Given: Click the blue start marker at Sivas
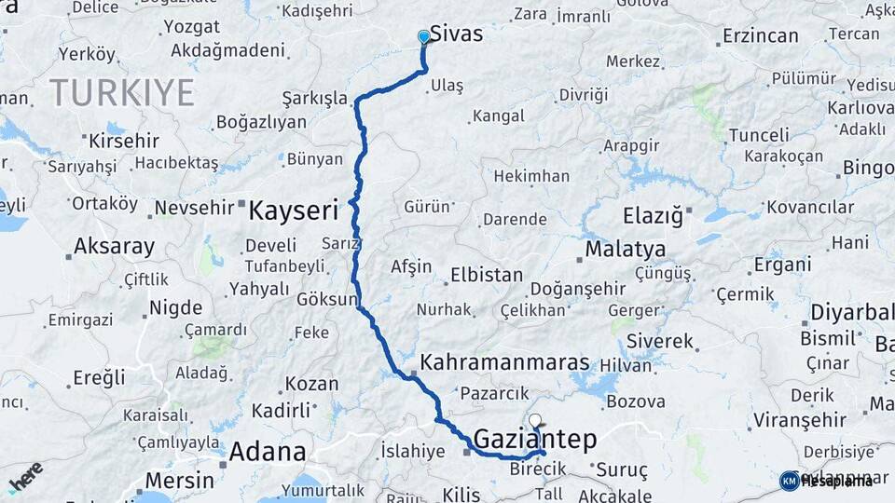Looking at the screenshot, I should click(x=424, y=36).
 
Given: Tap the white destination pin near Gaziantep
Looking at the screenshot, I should click(x=534, y=420).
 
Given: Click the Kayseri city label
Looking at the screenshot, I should click(x=293, y=211).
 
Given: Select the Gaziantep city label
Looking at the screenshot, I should click(x=534, y=439).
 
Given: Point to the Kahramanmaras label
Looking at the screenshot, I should click(x=504, y=362).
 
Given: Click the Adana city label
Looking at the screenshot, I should click(x=268, y=453).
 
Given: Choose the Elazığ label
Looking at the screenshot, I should click(x=654, y=216).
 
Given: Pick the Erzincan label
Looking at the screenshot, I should click(x=760, y=36).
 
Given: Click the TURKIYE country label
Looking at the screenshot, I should click(x=122, y=92).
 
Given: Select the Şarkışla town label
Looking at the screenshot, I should click(x=314, y=99).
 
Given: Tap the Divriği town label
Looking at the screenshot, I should click(x=583, y=94).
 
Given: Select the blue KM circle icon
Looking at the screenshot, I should click(x=789, y=481).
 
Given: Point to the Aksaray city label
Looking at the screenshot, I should click(x=114, y=247).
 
